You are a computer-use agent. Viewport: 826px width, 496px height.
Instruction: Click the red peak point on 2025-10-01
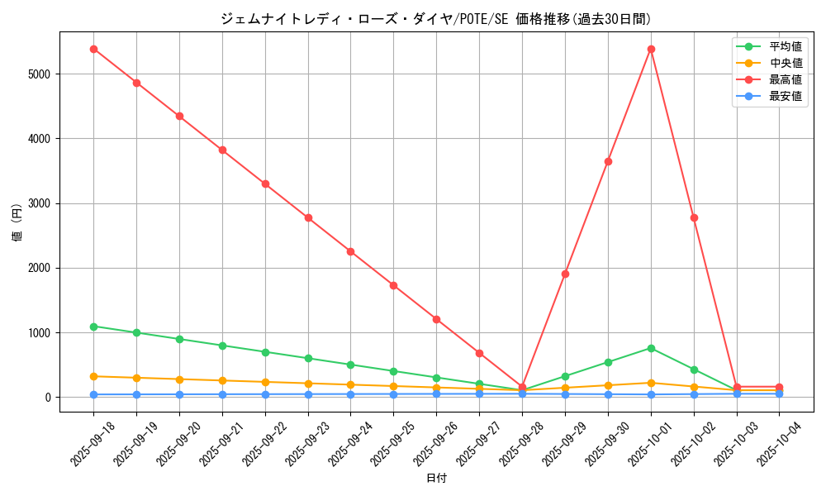pos(651,49)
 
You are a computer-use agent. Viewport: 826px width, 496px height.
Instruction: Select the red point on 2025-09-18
pos(93,49)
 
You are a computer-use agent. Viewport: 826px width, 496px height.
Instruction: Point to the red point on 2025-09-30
pos(608,161)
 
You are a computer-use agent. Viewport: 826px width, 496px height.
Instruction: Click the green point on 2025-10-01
pos(651,348)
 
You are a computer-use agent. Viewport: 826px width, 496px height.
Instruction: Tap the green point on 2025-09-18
pos(93,327)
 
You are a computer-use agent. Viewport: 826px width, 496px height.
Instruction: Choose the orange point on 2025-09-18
pos(93,376)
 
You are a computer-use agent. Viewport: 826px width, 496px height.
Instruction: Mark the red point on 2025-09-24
pos(350,251)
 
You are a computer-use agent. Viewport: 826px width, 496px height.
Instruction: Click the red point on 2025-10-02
pos(694,217)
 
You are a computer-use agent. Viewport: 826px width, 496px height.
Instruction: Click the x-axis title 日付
pos(436,479)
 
